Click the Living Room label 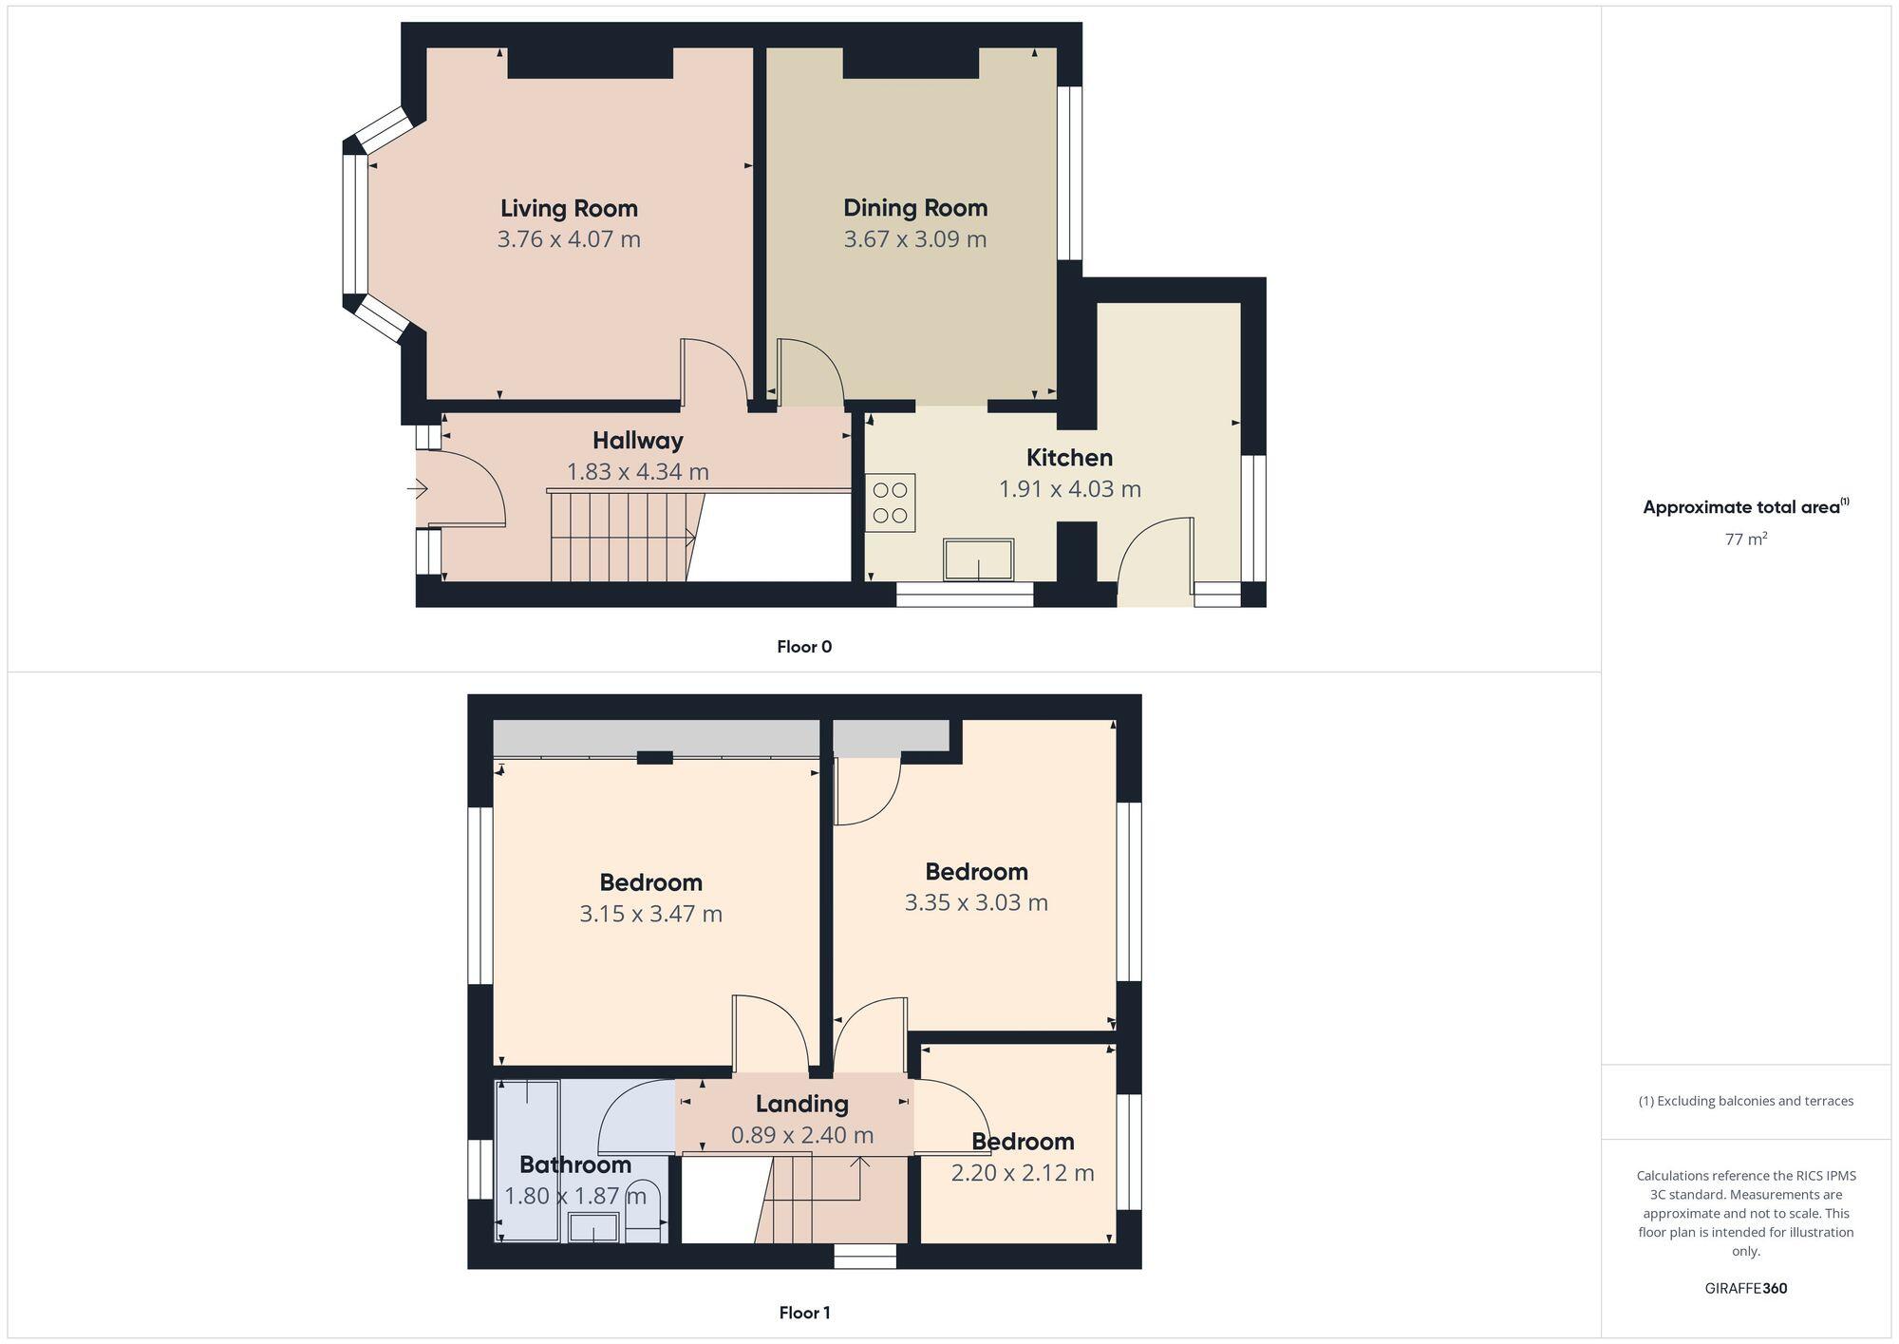pos(569,208)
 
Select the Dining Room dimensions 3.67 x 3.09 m pos(914,239)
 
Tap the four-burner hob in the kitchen pos(890,502)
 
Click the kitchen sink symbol pos(978,559)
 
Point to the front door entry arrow pos(418,489)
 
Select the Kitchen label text pos(1069,458)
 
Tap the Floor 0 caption pos(803,647)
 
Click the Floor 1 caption pos(804,1313)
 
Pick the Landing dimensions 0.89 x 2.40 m pos(801,1135)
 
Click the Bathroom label pos(575,1164)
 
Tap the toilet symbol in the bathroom pos(644,1211)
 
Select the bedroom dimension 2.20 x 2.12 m pos(1022,1173)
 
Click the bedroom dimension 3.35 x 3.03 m pos(975,902)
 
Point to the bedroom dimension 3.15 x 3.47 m pos(650,914)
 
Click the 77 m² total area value pos(1745,539)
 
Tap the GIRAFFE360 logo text pos(1745,1288)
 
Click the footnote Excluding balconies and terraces pos(1745,1101)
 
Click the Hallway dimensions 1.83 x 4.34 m pos(637,472)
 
